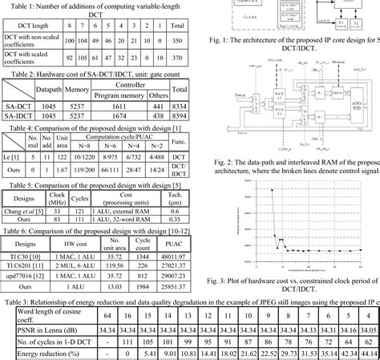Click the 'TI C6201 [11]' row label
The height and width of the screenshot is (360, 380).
26,262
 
